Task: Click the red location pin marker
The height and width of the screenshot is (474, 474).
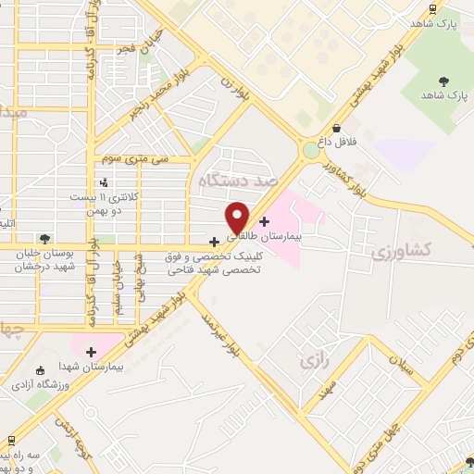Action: click(x=237, y=217)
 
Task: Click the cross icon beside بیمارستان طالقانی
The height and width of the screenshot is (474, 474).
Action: click(x=266, y=221)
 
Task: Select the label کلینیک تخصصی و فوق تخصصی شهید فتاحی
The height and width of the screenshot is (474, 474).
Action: click(x=213, y=262)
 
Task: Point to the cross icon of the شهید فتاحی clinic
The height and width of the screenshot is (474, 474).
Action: click(x=215, y=242)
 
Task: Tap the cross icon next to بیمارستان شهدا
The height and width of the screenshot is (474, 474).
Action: click(x=91, y=352)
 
